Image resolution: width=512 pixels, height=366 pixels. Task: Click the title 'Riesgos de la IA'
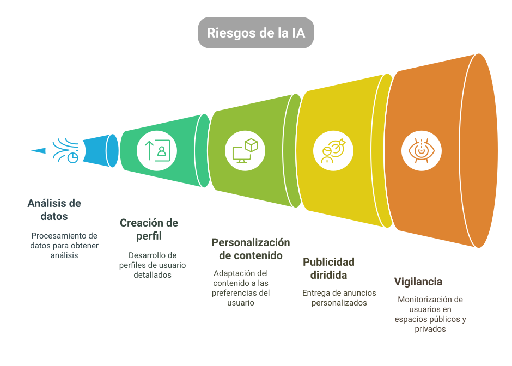click(x=255, y=33)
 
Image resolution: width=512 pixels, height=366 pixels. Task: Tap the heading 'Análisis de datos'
click(x=54, y=210)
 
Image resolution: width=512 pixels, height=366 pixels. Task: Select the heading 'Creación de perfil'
click(x=149, y=229)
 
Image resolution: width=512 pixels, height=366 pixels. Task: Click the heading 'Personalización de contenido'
click(x=251, y=249)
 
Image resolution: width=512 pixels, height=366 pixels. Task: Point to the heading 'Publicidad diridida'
click(x=328, y=268)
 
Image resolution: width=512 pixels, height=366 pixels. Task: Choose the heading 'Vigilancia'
click(x=418, y=282)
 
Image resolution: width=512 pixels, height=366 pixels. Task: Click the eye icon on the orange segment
click(x=418, y=150)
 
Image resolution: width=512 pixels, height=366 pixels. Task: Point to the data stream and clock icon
click(x=65, y=150)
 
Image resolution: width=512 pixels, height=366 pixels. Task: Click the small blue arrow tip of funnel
click(x=38, y=150)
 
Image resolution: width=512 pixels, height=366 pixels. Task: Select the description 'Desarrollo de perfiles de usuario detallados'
click(x=153, y=265)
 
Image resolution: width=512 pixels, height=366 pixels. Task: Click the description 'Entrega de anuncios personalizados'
click(x=339, y=298)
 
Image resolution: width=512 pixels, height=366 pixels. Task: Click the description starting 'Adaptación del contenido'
click(x=241, y=288)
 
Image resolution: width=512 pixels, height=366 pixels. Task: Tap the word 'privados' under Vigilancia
click(x=430, y=329)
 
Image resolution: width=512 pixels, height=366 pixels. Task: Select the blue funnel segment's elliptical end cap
click(x=112, y=150)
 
